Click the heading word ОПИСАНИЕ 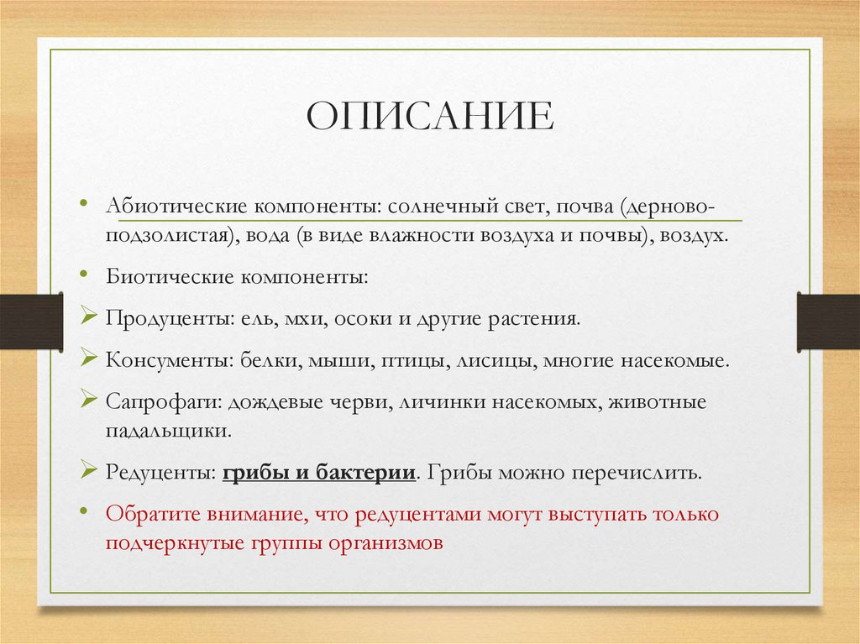pyautogui.click(x=430, y=117)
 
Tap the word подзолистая pyautogui.click(x=168, y=237)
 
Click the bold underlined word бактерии pyautogui.click(x=367, y=472)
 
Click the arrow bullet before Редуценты pyautogui.click(x=90, y=470)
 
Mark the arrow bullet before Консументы pyautogui.click(x=90, y=360)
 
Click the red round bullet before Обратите pyautogui.click(x=85, y=510)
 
